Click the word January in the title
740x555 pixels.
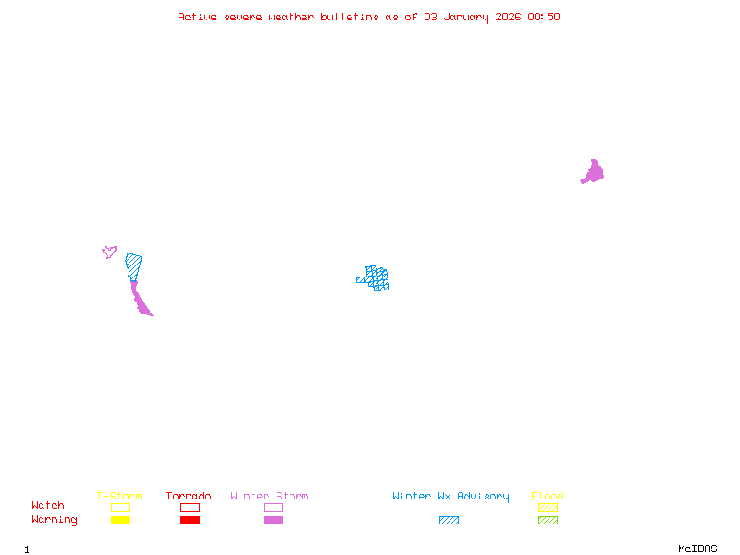point(465,17)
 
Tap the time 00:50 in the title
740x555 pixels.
point(544,17)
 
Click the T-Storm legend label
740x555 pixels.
point(119,497)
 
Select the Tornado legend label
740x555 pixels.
point(189,497)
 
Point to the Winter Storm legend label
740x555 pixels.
point(269,497)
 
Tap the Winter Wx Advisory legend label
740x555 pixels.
point(450,497)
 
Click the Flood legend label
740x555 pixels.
point(548,497)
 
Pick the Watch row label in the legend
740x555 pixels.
point(48,506)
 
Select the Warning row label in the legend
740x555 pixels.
point(55,520)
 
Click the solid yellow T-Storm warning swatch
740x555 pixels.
point(120,521)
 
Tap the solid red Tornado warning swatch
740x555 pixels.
point(190,521)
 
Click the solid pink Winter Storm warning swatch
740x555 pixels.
point(273,521)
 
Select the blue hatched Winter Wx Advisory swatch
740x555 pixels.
point(449,521)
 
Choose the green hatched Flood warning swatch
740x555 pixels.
point(548,521)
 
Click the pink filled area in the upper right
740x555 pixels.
point(593,172)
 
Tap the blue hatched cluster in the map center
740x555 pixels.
point(376,277)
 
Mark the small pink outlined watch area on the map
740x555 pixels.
point(109,251)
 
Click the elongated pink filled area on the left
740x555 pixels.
point(140,301)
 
